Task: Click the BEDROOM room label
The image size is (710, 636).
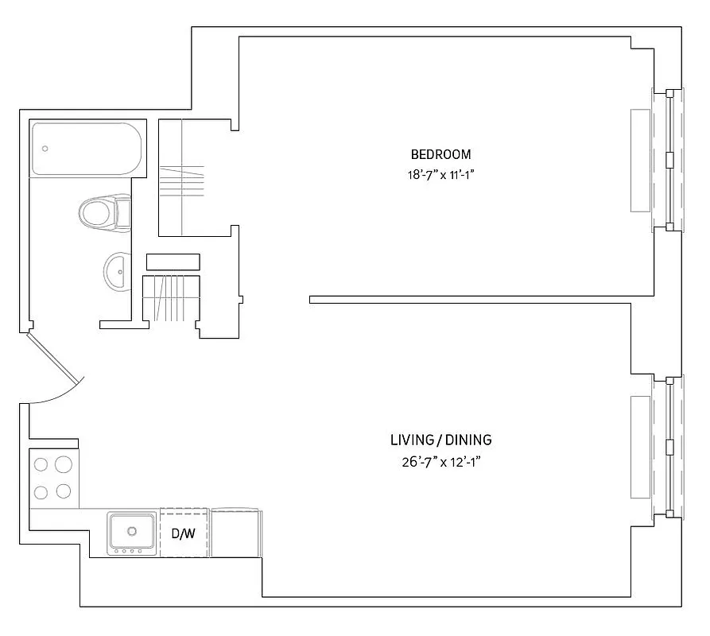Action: click(440, 154)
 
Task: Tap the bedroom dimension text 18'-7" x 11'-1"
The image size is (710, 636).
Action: click(440, 176)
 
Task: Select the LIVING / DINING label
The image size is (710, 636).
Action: click(441, 440)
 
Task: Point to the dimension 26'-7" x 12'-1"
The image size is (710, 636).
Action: click(441, 462)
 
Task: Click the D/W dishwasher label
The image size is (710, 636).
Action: click(184, 533)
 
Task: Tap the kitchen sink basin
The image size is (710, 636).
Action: click(132, 530)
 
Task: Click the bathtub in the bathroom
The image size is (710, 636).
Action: click(86, 149)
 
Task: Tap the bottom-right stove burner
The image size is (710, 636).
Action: click(64, 491)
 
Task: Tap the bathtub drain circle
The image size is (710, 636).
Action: click(45, 149)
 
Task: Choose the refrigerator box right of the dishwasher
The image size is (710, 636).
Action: click(236, 533)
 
